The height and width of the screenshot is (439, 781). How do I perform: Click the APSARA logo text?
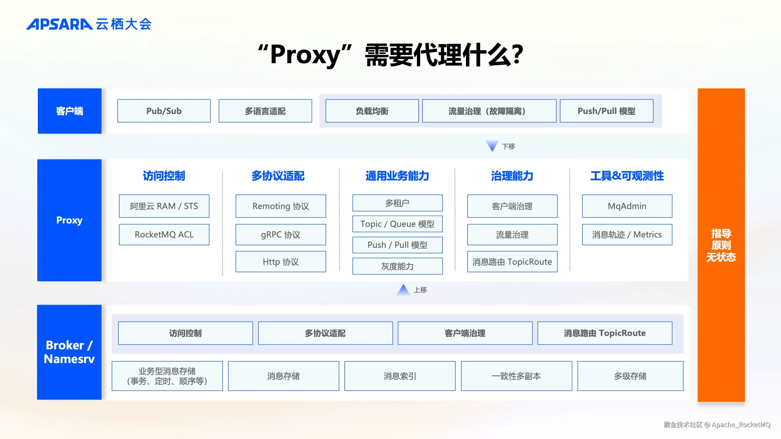[59, 24]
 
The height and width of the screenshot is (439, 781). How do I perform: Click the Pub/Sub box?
[164, 111]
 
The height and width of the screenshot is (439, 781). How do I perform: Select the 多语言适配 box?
[265, 111]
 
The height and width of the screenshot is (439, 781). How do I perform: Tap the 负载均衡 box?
[372, 111]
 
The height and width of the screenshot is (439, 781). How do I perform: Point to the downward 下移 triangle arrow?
[492, 146]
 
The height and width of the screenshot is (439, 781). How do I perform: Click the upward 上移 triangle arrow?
[403, 290]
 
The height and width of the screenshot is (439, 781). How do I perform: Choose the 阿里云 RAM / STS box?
[164, 206]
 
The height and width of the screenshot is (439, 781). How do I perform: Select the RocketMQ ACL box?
[164, 235]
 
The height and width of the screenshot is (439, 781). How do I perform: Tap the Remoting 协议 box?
[280, 206]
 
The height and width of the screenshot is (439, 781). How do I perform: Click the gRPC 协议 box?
[280, 235]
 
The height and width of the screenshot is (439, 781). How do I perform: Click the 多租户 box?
[397, 203]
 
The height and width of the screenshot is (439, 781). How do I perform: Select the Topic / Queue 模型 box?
[397, 224]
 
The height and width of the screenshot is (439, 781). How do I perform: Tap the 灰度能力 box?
[397, 266]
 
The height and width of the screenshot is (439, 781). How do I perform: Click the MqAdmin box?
[627, 206]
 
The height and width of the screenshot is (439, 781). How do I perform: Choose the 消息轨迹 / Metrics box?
[627, 235]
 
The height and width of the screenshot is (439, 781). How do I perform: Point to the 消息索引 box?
[400, 376]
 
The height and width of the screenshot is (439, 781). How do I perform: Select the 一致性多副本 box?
[516, 376]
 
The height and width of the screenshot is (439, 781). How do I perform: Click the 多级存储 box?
[630, 376]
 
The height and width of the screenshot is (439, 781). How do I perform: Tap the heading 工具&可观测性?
[627, 176]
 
